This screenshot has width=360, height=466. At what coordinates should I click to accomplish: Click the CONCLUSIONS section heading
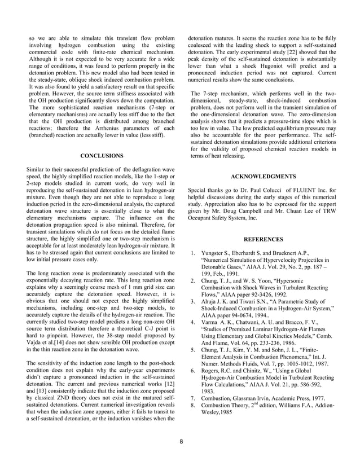[x=102, y=155]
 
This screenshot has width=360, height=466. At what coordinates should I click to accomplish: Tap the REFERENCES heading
[x=263, y=239]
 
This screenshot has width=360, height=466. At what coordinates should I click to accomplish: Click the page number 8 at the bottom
[x=180, y=441]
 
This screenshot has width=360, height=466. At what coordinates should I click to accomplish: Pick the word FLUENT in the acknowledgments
[x=297, y=190]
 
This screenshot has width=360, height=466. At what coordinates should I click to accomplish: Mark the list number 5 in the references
[x=193, y=350]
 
